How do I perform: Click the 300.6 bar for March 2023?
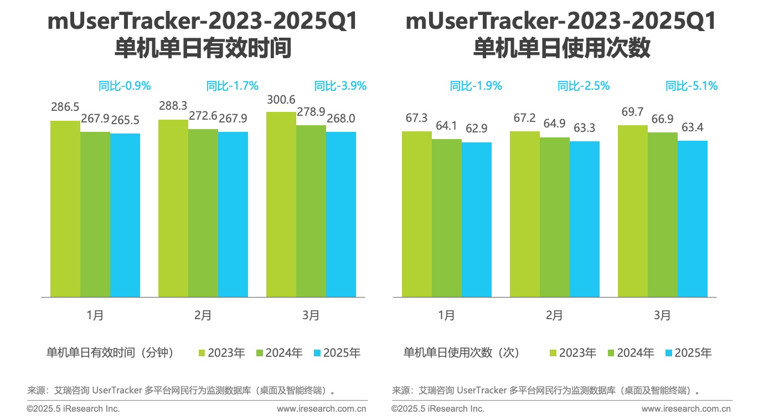point(281,205)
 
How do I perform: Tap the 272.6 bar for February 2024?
point(203,213)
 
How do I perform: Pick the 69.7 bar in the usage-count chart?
point(632,211)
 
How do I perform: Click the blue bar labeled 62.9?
point(477,219)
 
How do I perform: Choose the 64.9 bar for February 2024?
point(555,217)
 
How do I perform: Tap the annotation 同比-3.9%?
point(340,86)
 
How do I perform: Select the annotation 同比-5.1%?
point(692,86)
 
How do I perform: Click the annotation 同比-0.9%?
point(125,86)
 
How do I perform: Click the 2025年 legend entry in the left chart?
point(337,352)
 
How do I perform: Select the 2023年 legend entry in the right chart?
point(572,352)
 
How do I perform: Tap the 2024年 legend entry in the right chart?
point(631,352)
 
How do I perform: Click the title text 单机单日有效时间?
point(203,49)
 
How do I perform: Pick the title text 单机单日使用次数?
point(561,49)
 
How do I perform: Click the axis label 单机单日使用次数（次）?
point(461,352)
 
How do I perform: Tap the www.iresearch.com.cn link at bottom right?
point(686,409)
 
